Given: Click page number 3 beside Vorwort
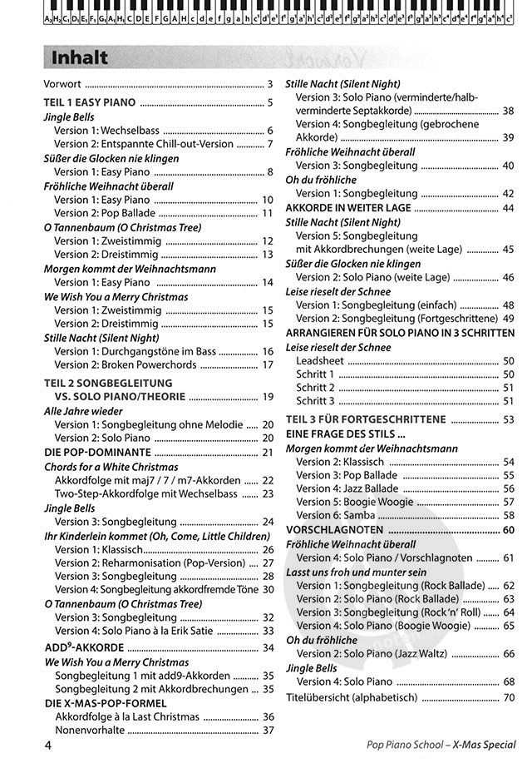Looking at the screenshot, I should click(270, 85).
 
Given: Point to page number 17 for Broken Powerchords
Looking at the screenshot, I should click(268, 364).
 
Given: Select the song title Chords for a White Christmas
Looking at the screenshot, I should click(111, 467).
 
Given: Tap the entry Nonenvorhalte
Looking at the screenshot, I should click(91, 730).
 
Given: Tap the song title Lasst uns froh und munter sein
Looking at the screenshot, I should click(356, 572).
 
